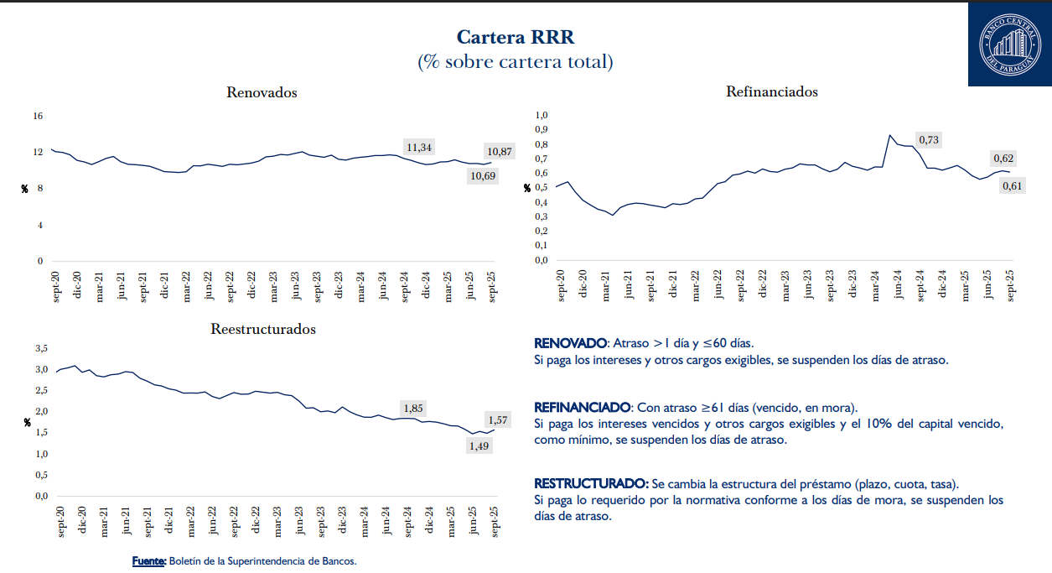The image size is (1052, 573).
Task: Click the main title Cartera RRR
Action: (x=515, y=37)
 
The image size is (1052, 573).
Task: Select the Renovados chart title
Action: (x=262, y=92)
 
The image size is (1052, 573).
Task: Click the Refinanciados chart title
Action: (x=771, y=91)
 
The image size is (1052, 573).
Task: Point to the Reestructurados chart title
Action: (x=263, y=329)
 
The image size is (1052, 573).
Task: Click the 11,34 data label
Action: (x=419, y=148)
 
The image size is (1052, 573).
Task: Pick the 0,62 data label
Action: (x=1003, y=158)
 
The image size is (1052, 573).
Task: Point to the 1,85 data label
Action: (x=413, y=409)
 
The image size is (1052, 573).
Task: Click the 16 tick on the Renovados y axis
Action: (x=38, y=116)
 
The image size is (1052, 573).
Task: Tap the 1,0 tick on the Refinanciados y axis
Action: (x=541, y=115)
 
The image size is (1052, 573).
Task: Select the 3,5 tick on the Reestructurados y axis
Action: (x=41, y=347)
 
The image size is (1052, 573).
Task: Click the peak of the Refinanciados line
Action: (x=890, y=135)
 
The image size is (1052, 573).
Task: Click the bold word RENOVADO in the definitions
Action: (x=570, y=344)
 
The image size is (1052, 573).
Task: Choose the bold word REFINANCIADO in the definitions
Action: (x=583, y=407)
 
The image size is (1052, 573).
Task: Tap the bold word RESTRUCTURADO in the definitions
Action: (x=591, y=484)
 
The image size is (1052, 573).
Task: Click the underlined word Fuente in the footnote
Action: (x=149, y=560)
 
